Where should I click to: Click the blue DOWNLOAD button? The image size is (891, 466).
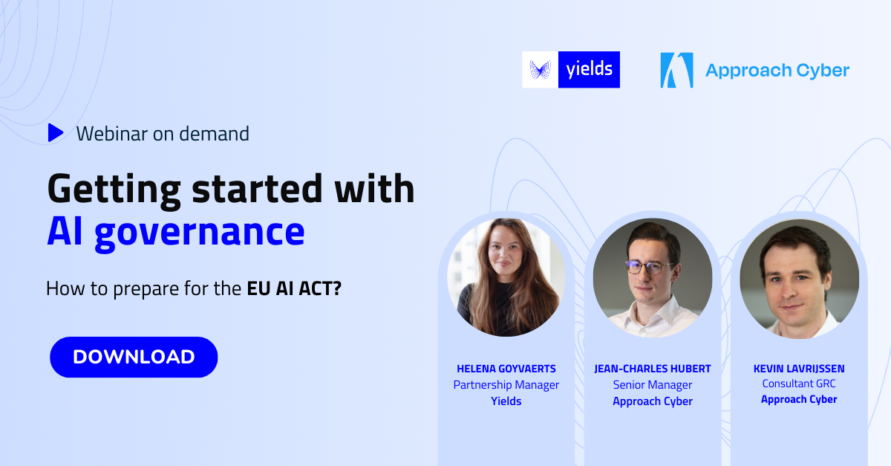coord(134,357)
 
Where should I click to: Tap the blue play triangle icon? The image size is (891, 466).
coord(56,133)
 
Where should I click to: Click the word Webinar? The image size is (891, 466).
coord(112,134)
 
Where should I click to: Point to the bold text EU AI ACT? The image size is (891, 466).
coord(294,288)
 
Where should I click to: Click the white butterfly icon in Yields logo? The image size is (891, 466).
coord(540,70)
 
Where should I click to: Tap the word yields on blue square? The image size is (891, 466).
coord(589,69)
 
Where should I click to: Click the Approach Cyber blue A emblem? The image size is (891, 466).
coord(676,70)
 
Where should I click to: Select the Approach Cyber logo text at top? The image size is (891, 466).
coord(777,71)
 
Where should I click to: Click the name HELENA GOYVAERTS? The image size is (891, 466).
coord(506,369)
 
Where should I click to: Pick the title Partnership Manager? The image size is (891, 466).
coord(506,385)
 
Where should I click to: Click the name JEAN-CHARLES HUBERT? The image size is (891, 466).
coord(653,369)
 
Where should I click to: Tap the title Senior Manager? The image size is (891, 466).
coord(653,385)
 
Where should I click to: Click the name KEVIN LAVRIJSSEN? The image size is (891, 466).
coord(799,369)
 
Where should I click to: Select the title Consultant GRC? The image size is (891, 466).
coord(799,384)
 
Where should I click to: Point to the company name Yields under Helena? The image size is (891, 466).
coord(506,401)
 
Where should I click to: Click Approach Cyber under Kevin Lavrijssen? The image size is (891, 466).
coord(799,399)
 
